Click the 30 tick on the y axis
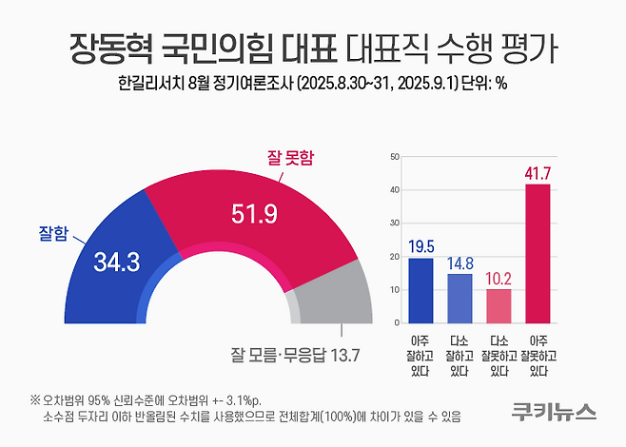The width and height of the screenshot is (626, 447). [x=395, y=223]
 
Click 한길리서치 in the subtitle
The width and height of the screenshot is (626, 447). [x=148, y=83]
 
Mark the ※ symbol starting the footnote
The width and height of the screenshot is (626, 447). [x=34, y=398]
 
